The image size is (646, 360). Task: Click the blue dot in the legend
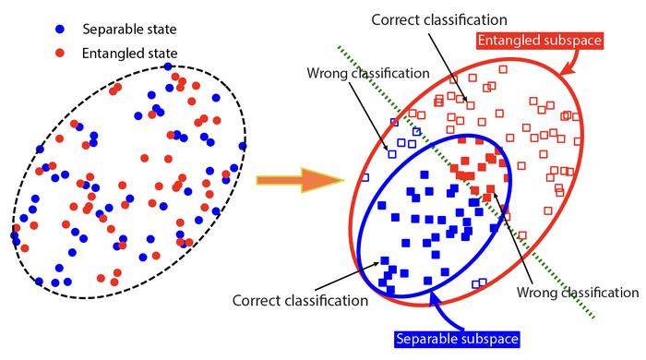pyautogui.click(x=60, y=29)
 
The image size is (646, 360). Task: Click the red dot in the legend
pyautogui.click(x=60, y=53)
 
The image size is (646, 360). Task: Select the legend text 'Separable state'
pyautogui.click(x=129, y=30)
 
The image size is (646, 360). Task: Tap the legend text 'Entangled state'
pyautogui.click(x=130, y=54)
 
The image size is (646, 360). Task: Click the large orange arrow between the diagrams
pyautogui.click(x=300, y=180)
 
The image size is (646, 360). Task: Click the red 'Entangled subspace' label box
pyautogui.click(x=540, y=41)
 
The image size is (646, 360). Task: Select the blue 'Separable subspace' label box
pyautogui.click(x=457, y=339)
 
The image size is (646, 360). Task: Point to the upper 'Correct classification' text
pyautogui.click(x=439, y=19)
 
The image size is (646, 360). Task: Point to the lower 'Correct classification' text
pyautogui.click(x=300, y=300)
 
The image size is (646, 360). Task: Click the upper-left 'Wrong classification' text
pyautogui.click(x=368, y=73)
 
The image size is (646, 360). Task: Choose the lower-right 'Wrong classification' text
pyautogui.click(x=578, y=293)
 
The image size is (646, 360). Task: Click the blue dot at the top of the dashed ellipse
pyautogui.click(x=168, y=66)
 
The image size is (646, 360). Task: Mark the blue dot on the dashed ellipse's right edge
pyautogui.click(x=242, y=146)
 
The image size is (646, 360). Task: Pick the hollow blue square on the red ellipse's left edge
pyautogui.click(x=365, y=177)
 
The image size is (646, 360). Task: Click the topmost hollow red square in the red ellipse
pyautogui.click(x=503, y=69)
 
